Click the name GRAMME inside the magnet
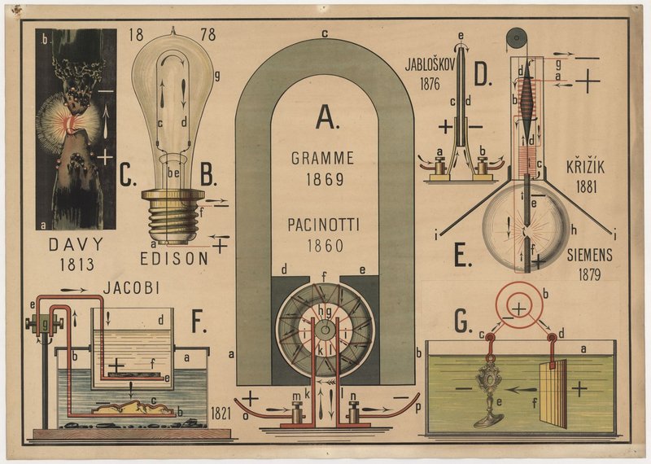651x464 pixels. click(323, 158)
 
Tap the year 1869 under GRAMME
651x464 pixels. click(323, 179)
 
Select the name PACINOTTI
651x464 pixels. click(323, 224)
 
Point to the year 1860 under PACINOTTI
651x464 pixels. click(323, 245)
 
